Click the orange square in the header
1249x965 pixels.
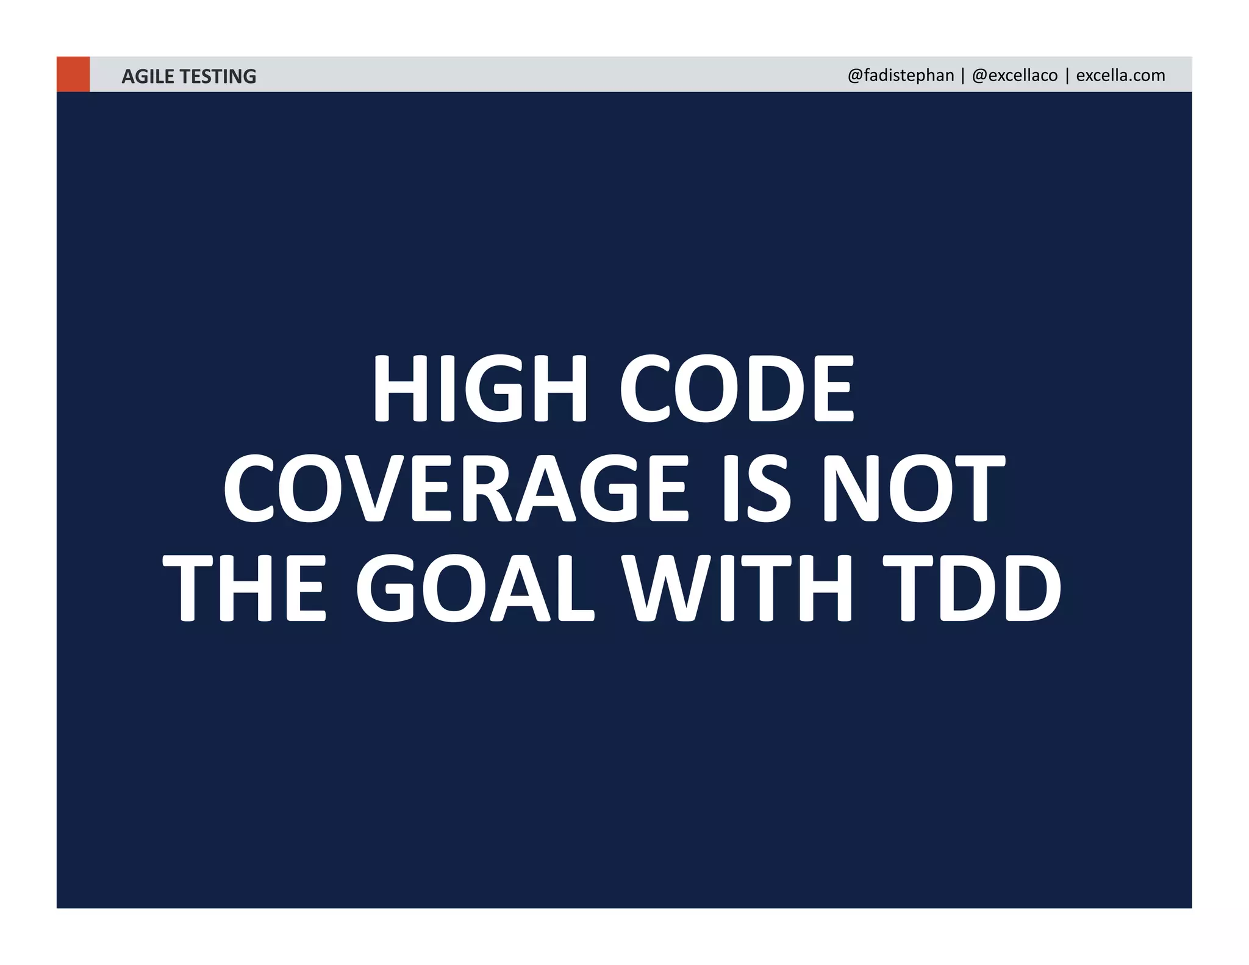click(x=73, y=74)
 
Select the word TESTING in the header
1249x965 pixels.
click(x=218, y=76)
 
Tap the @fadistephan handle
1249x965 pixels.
click(x=901, y=76)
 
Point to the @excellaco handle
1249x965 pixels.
click(x=1015, y=76)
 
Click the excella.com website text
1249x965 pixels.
click(x=1120, y=76)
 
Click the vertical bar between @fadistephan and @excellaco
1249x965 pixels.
click(x=963, y=76)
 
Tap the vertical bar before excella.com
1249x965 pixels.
click(x=1067, y=76)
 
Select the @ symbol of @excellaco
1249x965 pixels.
click(x=980, y=76)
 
